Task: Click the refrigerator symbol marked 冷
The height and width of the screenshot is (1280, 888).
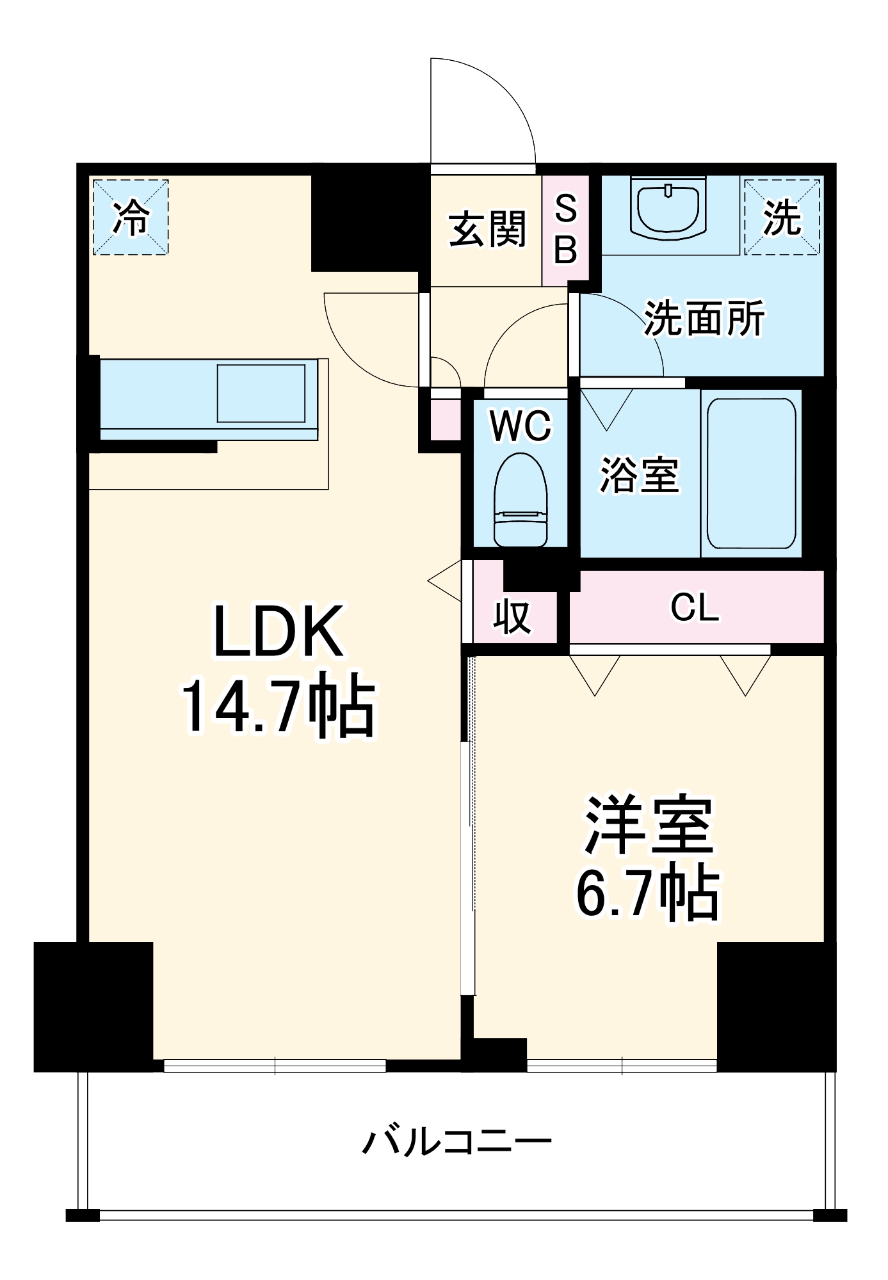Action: click(131, 218)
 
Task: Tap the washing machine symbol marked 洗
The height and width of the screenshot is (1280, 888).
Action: click(782, 218)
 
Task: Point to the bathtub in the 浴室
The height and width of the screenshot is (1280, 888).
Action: click(752, 474)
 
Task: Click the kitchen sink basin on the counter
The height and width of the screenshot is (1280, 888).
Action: click(261, 394)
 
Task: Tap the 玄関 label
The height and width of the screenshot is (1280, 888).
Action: click(487, 229)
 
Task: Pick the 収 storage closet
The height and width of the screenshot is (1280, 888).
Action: click(513, 616)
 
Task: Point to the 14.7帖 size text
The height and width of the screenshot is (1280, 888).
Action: click(279, 707)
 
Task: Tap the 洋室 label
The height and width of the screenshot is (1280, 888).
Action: click(649, 825)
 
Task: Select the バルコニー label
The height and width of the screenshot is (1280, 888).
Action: click(457, 1141)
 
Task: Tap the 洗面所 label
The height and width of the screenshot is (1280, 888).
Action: click(704, 318)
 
